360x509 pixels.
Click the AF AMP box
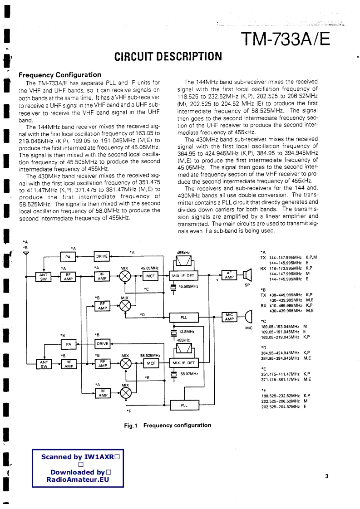(229, 275)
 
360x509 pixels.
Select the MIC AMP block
(229, 317)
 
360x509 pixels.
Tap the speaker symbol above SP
(247, 275)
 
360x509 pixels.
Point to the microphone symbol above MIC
(248, 316)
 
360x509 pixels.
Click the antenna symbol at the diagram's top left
(25, 253)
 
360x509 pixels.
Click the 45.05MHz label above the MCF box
(149, 268)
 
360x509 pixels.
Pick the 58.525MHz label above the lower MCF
(150, 356)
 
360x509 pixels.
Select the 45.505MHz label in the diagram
(188, 286)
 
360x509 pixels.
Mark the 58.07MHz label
(189, 373)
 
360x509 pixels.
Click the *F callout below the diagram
(129, 411)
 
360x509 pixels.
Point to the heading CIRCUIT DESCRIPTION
(168, 57)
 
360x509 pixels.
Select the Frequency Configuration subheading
(59, 75)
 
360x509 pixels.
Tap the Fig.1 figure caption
(168, 426)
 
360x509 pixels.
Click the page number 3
(327, 476)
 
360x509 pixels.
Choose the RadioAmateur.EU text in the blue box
(78, 480)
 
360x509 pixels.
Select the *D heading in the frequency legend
(263, 347)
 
